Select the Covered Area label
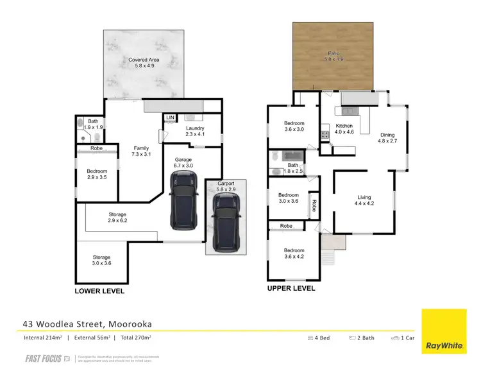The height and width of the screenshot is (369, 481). (x=144, y=63)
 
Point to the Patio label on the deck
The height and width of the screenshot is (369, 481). (x=333, y=56)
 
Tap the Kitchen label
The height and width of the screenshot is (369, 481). (x=344, y=129)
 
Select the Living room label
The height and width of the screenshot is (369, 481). (x=364, y=202)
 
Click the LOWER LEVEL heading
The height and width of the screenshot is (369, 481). (x=99, y=291)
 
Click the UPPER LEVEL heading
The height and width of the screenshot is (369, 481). (x=291, y=288)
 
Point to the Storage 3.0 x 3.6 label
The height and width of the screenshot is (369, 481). (x=101, y=261)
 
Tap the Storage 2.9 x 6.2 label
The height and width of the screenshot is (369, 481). (x=117, y=218)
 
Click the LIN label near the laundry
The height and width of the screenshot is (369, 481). (x=170, y=118)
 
